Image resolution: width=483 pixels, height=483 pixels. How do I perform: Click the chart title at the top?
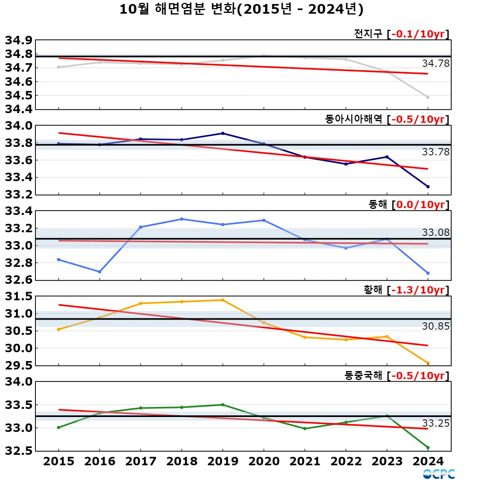pos(242,9)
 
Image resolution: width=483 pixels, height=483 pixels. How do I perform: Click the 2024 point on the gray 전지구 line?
pos(428,97)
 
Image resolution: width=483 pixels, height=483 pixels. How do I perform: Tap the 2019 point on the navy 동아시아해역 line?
pos(223,133)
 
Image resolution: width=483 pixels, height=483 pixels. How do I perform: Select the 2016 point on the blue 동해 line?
pos(99,272)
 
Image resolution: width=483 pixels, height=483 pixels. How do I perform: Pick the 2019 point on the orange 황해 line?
pos(223,300)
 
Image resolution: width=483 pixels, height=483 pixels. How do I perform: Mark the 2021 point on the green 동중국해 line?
pos(305,429)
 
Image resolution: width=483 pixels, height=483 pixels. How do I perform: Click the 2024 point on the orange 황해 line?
pos(428,363)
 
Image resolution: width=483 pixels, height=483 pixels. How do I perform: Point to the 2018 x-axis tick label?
pos(182,461)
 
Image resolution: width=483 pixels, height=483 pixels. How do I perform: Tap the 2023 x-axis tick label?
pos(387,461)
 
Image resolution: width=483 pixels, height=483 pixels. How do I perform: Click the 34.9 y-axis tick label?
pos(19,40)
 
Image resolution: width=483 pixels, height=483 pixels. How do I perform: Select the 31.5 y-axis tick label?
pos(19,297)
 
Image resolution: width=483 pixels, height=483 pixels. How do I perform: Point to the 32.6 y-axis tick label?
pos(19,280)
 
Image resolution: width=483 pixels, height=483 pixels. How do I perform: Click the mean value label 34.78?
pos(436,64)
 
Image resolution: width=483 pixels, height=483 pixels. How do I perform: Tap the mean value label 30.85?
pos(436,326)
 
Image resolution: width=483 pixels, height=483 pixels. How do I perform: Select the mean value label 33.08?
pos(436,233)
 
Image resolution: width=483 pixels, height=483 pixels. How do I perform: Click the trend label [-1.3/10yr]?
pos(418,290)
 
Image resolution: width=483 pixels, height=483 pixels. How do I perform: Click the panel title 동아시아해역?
pos(353,119)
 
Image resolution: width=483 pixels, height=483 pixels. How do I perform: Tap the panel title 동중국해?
pos(363,376)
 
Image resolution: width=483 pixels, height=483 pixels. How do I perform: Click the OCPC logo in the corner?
pos(439,474)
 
